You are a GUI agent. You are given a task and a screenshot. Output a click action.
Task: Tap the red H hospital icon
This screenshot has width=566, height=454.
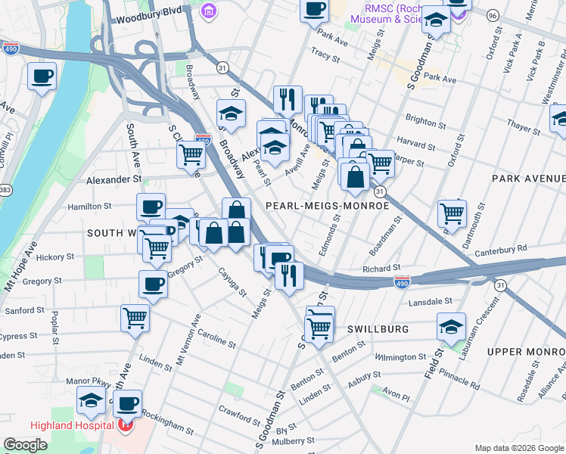tap(125, 426)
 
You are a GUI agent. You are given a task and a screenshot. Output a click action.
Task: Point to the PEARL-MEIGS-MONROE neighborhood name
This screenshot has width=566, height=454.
tap(326, 206)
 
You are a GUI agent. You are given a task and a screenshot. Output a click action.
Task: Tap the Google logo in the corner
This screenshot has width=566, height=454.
tap(25, 445)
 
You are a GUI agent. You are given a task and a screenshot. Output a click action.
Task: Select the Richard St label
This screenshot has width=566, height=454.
tap(381, 269)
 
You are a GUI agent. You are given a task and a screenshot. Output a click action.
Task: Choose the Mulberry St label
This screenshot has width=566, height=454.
tap(294, 440)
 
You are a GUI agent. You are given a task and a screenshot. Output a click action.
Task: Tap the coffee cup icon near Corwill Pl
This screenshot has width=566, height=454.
tap(42, 76)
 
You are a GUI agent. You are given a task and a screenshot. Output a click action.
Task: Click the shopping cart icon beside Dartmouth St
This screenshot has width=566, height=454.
tap(452, 213)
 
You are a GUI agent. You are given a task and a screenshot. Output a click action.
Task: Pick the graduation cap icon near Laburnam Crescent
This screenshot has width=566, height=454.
tap(451, 326)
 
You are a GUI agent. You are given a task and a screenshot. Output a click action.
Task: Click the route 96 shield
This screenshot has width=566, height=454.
tap(493, 14)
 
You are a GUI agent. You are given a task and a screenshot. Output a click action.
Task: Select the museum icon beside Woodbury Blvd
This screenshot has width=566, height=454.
tap(208, 11)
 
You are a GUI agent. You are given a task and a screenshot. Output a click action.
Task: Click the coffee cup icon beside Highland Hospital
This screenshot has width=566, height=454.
tap(128, 403)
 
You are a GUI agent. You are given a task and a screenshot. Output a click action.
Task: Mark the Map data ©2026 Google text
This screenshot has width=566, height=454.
tap(518, 447)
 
